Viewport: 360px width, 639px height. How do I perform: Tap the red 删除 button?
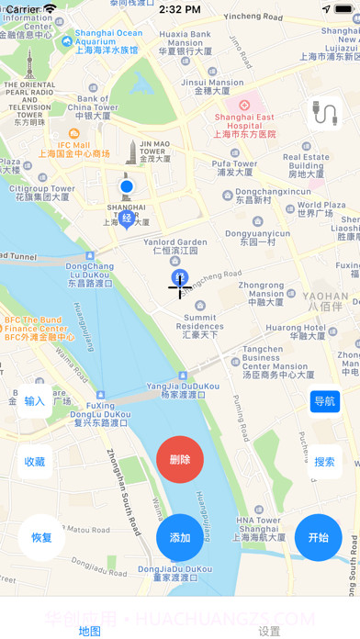pos(180,459)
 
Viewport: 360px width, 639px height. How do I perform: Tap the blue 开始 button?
pos(318,537)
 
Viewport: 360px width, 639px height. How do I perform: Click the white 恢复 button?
pos(41,537)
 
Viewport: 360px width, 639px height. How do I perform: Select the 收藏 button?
pos(35,462)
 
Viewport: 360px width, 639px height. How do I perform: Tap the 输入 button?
pos(35,401)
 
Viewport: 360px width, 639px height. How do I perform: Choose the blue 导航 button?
pos(324,401)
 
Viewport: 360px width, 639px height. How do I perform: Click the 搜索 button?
pos(324,462)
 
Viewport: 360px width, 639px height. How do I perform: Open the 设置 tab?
pos(269,631)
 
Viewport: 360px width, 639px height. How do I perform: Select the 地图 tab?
pos(90,631)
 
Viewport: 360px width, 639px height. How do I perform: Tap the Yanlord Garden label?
pos(174,246)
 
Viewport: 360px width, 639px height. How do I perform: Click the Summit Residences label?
pos(199,326)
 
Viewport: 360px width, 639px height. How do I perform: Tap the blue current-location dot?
pos(127,188)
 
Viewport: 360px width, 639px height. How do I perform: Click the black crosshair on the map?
pos(179,286)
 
